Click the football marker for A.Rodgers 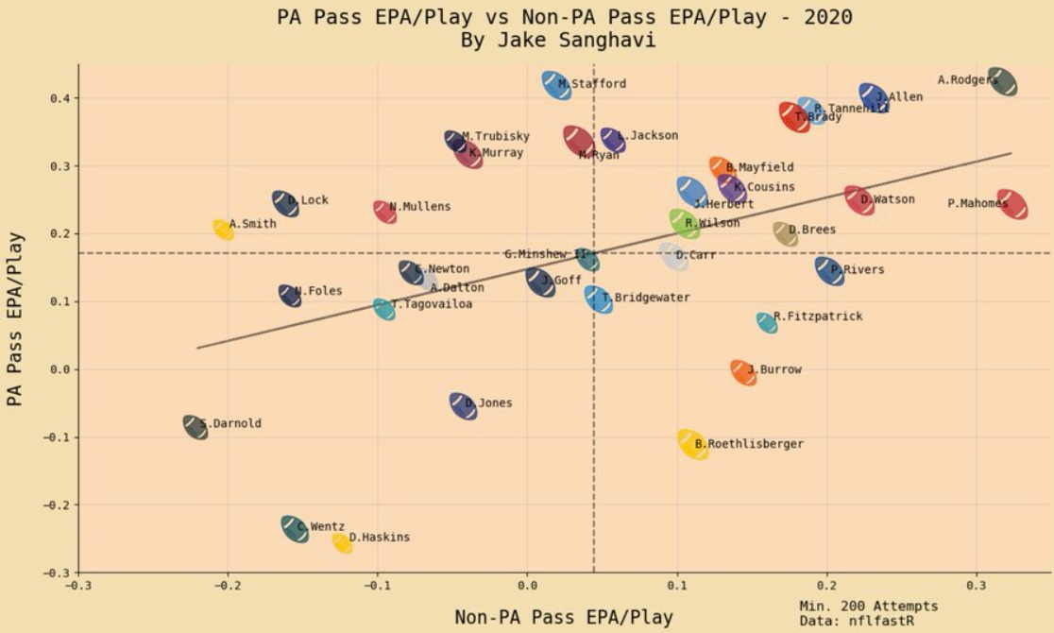(1002, 82)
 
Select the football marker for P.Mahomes (1011, 204)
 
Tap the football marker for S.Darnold (195, 427)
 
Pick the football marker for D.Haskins (342, 542)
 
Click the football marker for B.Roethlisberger (693, 444)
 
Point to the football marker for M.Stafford (556, 85)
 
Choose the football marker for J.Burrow (743, 372)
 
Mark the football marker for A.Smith (224, 229)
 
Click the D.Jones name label (489, 403)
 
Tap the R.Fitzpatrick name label (818, 316)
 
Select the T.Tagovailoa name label (433, 304)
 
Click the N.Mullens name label (420, 207)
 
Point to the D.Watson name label (888, 199)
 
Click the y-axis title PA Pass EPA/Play (15, 319)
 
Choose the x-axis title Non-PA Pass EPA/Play (564, 618)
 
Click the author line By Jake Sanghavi (564, 41)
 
